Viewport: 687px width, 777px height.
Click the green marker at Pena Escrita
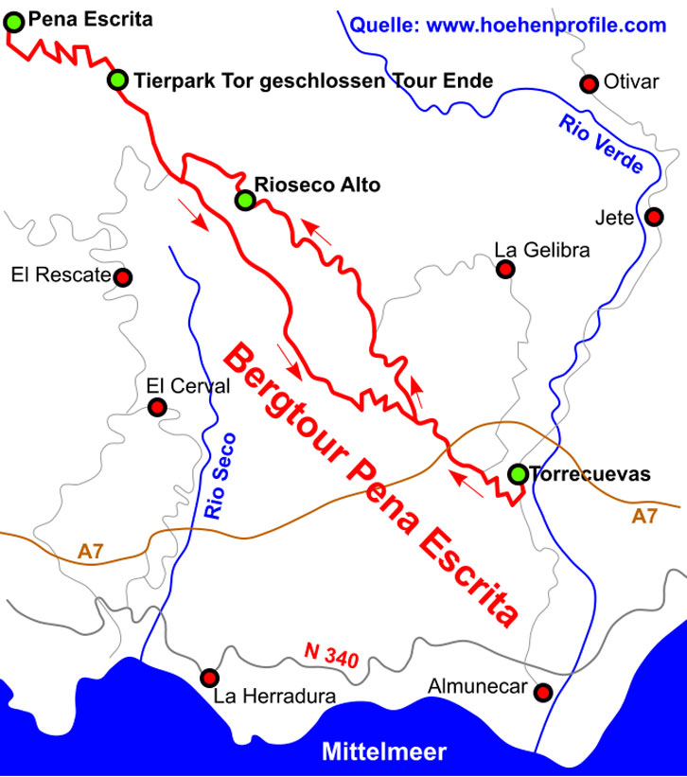pyautogui.click(x=13, y=19)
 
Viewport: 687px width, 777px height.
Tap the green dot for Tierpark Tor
pyautogui.click(x=117, y=80)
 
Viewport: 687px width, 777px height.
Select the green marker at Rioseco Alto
pyautogui.click(x=245, y=200)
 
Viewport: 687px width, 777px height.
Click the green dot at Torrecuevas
pyautogui.click(x=518, y=474)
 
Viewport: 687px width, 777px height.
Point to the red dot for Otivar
pyautogui.click(x=589, y=84)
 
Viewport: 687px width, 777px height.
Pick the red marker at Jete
pyautogui.click(x=654, y=217)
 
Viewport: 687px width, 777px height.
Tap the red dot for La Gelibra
pyautogui.click(x=505, y=270)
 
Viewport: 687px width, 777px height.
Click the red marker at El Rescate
pyautogui.click(x=122, y=277)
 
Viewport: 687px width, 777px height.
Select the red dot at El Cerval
pyautogui.click(x=158, y=408)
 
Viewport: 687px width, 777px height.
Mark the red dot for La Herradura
pyautogui.click(x=209, y=678)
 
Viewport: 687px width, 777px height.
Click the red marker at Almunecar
pyautogui.click(x=543, y=693)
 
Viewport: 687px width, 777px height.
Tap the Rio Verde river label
pyautogui.click(x=601, y=143)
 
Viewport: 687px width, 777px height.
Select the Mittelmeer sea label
pyautogui.click(x=383, y=752)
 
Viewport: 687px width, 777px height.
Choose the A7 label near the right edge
pyautogui.click(x=644, y=517)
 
